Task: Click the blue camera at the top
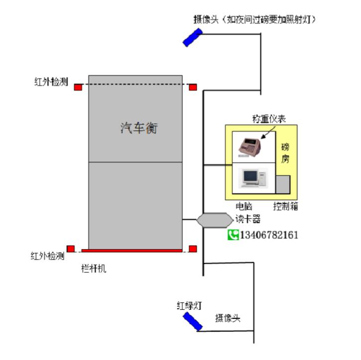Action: click(x=192, y=37)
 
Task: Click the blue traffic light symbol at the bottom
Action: click(x=191, y=321)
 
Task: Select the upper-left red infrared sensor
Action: click(x=78, y=87)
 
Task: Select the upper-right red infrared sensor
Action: click(x=193, y=88)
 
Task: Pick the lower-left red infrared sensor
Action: click(x=71, y=248)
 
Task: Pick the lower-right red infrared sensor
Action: click(x=193, y=248)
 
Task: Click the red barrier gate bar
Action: click(x=132, y=251)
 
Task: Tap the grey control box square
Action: click(x=283, y=183)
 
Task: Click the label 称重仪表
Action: click(x=267, y=118)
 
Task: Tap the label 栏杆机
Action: click(x=94, y=269)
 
